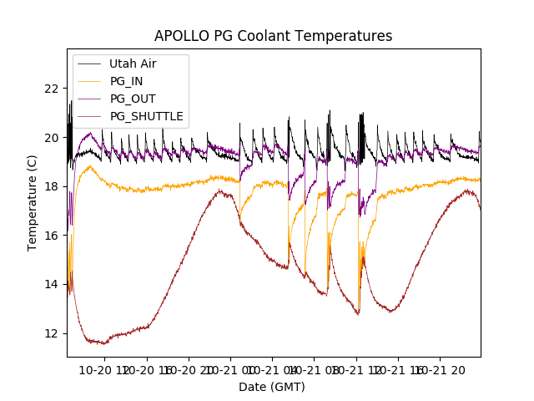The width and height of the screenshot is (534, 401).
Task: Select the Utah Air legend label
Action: coord(133,63)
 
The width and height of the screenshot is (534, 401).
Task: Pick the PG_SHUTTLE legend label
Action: coord(147,116)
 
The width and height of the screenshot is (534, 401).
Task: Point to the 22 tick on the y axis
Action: coord(53,89)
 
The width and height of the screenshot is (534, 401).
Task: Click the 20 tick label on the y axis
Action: coord(53,138)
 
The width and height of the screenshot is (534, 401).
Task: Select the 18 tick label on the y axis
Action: coord(53,186)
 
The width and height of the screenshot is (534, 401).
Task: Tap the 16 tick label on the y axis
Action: coord(53,236)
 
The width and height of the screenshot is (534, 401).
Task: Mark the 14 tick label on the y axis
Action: coord(53,284)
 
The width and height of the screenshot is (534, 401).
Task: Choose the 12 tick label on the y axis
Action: coord(53,333)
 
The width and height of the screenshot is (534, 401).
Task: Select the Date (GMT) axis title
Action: coord(272,387)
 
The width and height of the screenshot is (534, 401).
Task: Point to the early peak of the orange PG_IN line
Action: coord(90,166)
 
